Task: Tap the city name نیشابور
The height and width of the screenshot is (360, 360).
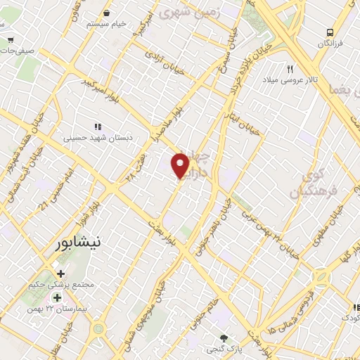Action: [x=78, y=243]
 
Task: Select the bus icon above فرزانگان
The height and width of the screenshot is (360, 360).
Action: [x=330, y=32]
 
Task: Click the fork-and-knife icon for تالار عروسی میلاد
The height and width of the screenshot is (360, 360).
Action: [x=290, y=68]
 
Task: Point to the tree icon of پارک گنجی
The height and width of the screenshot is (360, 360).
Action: [x=224, y=338]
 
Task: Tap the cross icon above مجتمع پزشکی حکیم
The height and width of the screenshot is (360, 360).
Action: [x=61, y=274]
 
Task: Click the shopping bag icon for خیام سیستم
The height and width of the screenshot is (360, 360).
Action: [x=106, y=13]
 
